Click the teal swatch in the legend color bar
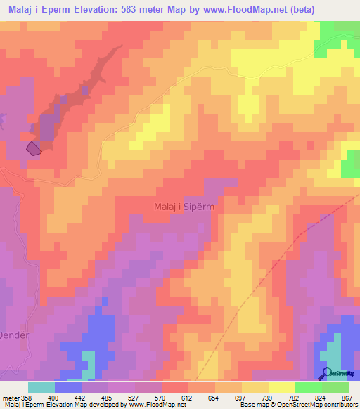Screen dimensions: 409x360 click(41, 387)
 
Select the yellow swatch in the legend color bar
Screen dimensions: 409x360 click(281, 387)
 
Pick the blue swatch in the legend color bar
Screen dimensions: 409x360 click(67, 387)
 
